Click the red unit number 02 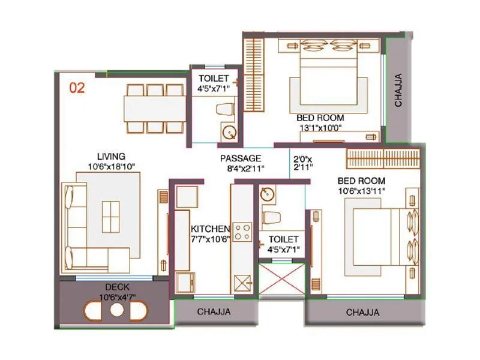77,88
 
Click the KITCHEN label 210,229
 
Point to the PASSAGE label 241,158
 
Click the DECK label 117,287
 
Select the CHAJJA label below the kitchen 214,312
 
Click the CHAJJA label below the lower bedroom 363,312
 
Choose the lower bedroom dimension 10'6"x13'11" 361,191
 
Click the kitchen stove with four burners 242,232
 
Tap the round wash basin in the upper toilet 227,133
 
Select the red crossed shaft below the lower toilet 281,278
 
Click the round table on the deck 116,311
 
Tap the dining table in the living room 155,109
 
